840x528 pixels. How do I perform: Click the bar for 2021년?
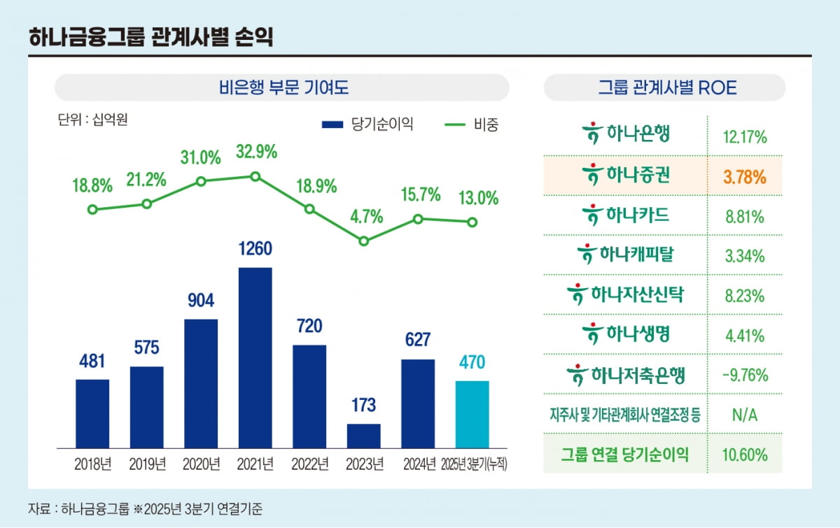point(255,357)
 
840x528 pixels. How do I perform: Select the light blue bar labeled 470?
point(472,414)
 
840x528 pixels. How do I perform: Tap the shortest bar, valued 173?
point(364,436)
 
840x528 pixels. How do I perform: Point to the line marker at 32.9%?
point(255,176)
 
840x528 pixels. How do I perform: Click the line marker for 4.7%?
point(364,241)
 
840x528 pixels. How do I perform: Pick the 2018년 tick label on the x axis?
point(92,464)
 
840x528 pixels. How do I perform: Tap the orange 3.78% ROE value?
point(745,176)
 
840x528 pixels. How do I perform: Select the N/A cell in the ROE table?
point(745,415)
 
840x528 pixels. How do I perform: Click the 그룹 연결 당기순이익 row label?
point(625,455)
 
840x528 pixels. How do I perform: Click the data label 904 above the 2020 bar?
point(201,301)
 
